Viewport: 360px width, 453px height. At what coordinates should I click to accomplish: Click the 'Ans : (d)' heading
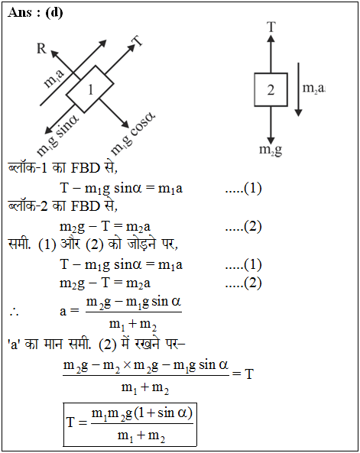click(35, 13)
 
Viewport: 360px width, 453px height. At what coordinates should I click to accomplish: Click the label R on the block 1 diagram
click(41, 48)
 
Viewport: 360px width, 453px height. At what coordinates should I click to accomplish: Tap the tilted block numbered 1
click(90, 89)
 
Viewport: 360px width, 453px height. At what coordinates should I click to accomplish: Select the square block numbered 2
click(271, 89)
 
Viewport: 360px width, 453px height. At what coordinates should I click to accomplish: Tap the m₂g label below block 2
click(271, 150)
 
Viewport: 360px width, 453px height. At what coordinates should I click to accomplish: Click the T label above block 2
click(271, 27)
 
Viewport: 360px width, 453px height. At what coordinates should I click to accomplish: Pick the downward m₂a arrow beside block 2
click(298, 89)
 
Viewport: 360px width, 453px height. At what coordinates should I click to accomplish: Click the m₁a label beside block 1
click(54, 78)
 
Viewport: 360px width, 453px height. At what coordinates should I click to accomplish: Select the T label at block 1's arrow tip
click(138, 41)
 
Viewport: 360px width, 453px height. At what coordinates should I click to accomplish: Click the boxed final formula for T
click(130, 425)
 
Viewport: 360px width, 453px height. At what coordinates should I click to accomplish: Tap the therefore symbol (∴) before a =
click(14, 312)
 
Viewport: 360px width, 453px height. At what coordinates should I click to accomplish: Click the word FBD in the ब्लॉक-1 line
click(85, 168)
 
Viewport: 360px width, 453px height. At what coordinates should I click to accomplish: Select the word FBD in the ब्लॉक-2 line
click(85, 206)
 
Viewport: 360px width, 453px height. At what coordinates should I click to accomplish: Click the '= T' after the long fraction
click(242, 374)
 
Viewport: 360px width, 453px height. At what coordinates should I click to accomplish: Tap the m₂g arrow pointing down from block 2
click(271, 125)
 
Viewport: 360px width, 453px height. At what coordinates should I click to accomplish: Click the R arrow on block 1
click(65, 64)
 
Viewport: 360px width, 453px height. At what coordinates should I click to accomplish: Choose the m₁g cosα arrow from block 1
click(114, 113)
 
